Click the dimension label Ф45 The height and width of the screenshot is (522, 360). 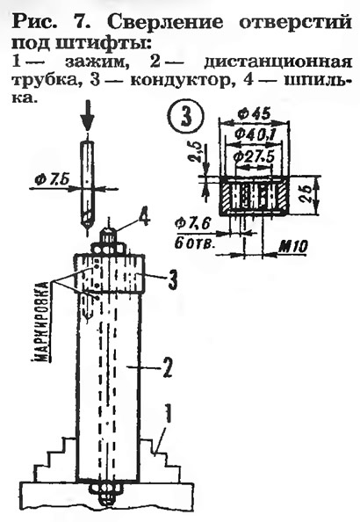click(255, 115)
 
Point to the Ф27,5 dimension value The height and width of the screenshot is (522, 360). click(254, 156)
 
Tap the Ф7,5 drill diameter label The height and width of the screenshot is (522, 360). click(52, 180)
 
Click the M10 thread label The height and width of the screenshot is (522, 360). click(292, 247)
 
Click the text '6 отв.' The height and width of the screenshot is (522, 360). click(195, 243)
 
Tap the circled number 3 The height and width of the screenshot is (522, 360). click(187, 117)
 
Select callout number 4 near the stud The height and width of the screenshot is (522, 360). click(143, 221)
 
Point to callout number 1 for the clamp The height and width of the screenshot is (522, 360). click(169, 413)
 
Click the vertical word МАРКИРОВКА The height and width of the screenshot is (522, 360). click(42, 322)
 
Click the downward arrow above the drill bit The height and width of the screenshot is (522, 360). click(88, 117)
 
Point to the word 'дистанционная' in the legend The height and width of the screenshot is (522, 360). click(278, 62)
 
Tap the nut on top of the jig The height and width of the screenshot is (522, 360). click(109, 249)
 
